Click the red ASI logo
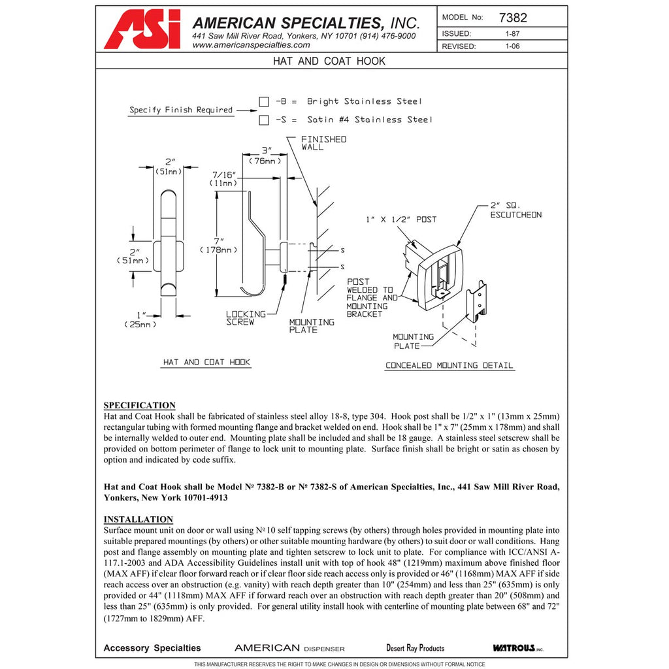click(x=142, y=29)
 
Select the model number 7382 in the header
click(x=512, y=18)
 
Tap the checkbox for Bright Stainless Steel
click(x=264, y=101)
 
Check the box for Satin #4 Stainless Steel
click(x=264, y=120)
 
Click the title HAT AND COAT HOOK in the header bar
click(x=329, y=61)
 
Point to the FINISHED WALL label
click(x=323, y=143)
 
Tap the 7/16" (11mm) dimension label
click(x=223, y=179)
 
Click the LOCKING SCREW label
click(x=246, y=318)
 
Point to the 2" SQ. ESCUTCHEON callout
click(x=515, y=210)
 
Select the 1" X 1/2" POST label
click(x=401, y=220)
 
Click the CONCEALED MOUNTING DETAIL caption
click(x=449, y=365)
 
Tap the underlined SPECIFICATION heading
click(x=139, y=406)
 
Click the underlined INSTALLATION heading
click(x=138, y=519)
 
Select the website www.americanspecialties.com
click(x=251, y=45)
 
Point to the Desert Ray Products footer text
click(x=415, y=648)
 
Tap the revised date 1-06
click(x=512, y=46)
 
